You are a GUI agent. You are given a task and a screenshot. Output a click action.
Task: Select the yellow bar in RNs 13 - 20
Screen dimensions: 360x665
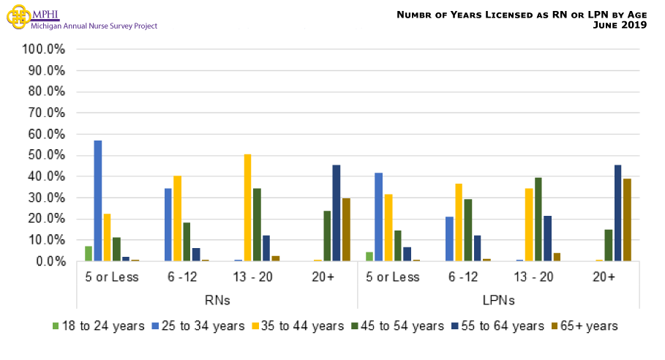(247, 208)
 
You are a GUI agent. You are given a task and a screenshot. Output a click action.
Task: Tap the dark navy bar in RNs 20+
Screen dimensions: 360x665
(336, 213)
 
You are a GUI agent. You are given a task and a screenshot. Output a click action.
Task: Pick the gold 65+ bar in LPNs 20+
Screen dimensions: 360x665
(627, 220)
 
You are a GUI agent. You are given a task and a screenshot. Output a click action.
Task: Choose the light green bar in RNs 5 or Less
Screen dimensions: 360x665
(89, 253)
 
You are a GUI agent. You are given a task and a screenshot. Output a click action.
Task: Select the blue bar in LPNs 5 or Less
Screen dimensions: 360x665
(378, 217)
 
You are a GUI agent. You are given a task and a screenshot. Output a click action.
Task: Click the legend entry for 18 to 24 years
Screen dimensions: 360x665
(98, 326)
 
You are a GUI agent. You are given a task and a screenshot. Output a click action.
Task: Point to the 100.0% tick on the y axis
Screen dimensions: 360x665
(45, 50)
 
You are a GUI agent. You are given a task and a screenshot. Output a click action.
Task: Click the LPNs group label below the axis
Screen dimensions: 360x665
(497, 300)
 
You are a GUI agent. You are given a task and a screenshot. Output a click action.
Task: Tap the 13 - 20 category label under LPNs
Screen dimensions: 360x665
(533, 277)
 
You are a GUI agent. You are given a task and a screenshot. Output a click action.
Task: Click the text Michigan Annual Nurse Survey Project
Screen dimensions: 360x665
(94, 26)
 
